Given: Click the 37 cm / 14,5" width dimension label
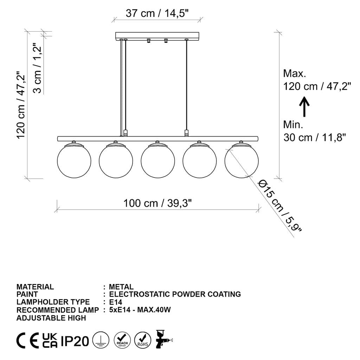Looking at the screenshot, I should coord(157,13).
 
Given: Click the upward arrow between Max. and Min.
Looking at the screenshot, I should coord(304,107).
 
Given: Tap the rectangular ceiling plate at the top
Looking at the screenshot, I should coord(157,36).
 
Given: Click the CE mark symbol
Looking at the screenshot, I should coord(28,341).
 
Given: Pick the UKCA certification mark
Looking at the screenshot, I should coord(50,341).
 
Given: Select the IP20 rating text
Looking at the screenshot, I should coord(75,341).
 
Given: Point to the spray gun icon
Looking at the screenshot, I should coord(163,339).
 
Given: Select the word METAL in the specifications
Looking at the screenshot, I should coord(121,287).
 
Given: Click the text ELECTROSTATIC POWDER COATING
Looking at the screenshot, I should coord(175,294).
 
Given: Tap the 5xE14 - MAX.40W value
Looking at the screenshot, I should coord(140,310).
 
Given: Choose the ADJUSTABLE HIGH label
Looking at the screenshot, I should coord(51,318).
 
